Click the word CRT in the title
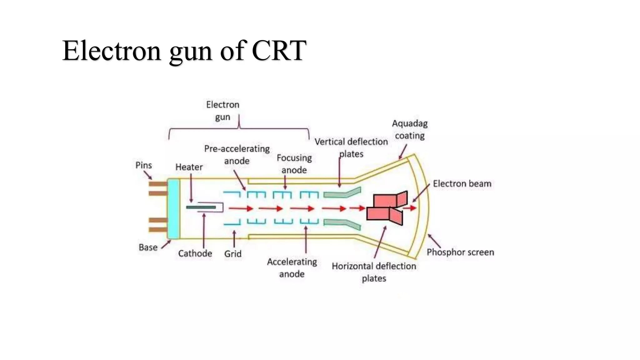tap(279, 51)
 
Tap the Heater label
tap(189, 167)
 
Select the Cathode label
tap(195, 253)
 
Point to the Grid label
tap(233, 254)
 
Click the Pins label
tap(143, 165)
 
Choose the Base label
tap(148, 247)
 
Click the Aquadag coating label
tap(410, 130)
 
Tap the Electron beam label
tap(462, 184)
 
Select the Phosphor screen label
tap(460, 252)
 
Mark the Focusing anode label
tap(294, 164)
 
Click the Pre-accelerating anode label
tap(237, 155)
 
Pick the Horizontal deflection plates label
tap(374, 272)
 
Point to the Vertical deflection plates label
tap(351, 148)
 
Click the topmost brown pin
tap(158, 184)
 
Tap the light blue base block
tap(173, 209)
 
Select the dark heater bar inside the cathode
tap(201, 207)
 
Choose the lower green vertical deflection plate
tap(342, 223)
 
